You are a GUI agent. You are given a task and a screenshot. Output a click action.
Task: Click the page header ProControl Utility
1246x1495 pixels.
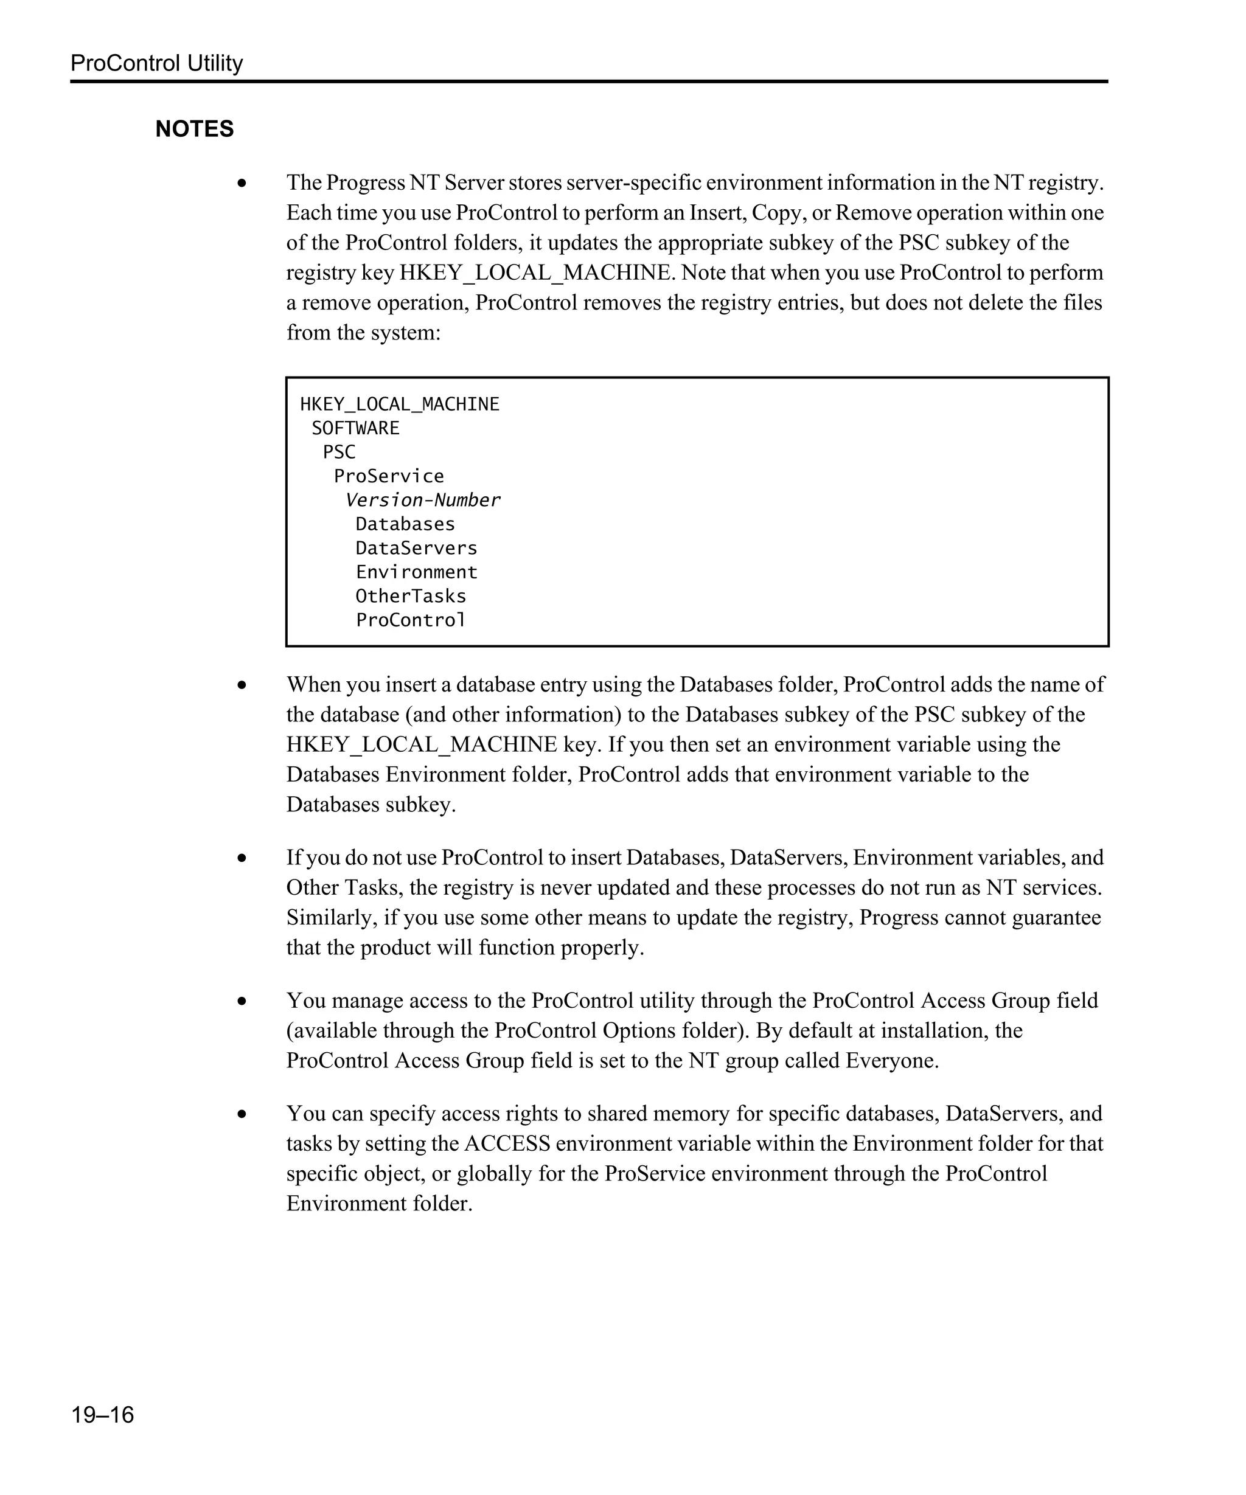156,63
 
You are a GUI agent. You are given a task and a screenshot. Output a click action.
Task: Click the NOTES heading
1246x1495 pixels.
194,129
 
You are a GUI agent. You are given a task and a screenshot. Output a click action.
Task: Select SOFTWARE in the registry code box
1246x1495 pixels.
355,428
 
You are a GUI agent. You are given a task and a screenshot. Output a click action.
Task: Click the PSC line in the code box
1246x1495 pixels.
339,452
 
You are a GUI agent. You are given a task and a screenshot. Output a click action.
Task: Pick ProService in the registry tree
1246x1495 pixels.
389,476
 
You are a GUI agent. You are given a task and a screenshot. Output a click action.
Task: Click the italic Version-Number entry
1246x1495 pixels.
422,501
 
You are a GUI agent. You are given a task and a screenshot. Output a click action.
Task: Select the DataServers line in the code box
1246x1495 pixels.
417,548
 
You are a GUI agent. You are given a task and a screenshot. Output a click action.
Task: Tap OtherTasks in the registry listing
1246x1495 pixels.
411,596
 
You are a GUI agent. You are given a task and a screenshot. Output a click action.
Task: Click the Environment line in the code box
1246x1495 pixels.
417,572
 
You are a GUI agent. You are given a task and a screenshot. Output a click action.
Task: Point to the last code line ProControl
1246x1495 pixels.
411,620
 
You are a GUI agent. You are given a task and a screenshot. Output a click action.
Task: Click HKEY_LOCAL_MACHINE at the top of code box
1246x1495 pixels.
400,404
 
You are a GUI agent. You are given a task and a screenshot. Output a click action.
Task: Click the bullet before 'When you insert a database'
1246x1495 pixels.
242,685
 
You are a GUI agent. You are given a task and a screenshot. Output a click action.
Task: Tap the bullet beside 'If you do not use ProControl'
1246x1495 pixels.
242,858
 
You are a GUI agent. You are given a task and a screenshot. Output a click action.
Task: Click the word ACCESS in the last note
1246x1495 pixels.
507,1144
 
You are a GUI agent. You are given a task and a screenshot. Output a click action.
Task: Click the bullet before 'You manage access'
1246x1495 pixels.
242,1001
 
